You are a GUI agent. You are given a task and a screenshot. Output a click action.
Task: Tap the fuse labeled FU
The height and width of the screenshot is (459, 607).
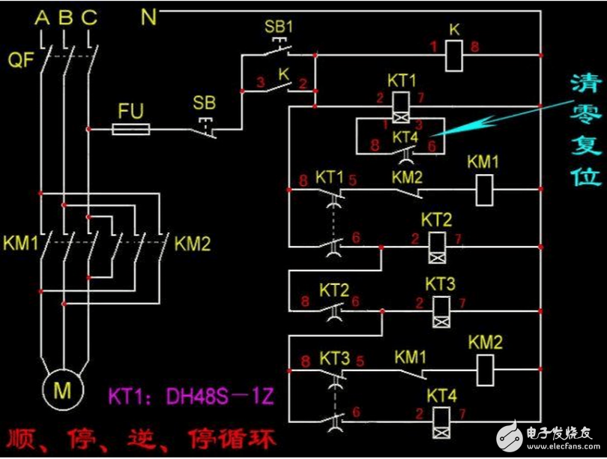[x=130, y=130]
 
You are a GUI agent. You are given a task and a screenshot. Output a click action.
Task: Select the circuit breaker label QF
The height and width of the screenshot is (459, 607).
[x=22, y=60]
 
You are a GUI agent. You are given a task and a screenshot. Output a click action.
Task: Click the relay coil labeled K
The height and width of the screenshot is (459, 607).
[x=454, y=55]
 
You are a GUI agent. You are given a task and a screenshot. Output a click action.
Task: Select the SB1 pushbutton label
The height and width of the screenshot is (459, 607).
[x=279, y=26]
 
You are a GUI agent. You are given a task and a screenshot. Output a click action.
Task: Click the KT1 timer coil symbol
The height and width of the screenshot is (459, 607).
[x=401, y=105]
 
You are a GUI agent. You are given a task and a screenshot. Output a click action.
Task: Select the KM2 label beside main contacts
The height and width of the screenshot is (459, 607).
[x=194, y=244]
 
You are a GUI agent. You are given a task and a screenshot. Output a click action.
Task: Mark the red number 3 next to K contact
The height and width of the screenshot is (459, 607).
[x=260, y=82]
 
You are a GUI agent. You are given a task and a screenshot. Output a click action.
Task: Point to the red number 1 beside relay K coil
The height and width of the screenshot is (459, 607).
[x=433, y=47]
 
